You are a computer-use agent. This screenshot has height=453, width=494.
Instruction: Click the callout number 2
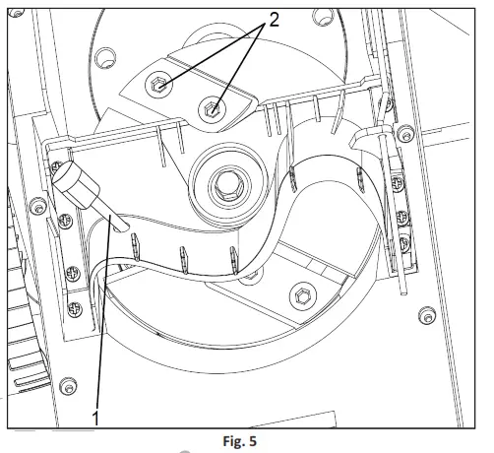pos(274,21)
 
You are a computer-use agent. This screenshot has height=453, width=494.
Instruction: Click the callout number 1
pos(95,418)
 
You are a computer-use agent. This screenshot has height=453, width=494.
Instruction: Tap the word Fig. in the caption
pos(233,441)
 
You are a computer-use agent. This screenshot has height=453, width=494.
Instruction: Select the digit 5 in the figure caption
pos(252,441)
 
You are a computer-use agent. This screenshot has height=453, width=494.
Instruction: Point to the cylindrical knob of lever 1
pos(76,184)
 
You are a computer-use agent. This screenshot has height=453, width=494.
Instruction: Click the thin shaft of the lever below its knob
pos(110,217)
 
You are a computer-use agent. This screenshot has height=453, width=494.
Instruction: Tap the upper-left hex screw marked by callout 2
pos(158,85)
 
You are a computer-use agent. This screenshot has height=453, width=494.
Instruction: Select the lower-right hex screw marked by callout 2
pos(213,108)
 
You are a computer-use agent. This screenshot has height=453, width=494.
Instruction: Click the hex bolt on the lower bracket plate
pos(303,296)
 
